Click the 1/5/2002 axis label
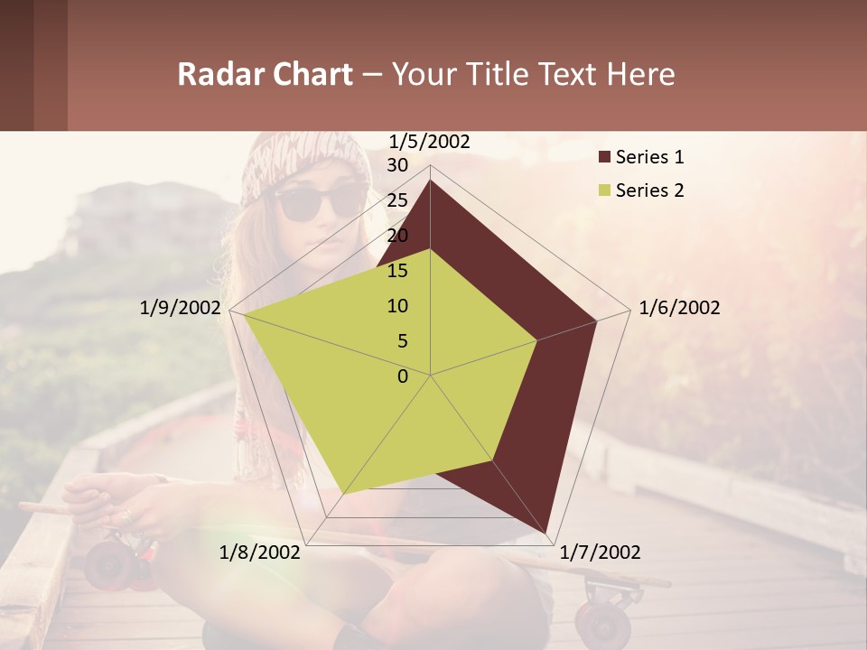430,142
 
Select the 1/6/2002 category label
679,308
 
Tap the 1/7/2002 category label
600,552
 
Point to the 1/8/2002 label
260,552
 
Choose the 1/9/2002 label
181,308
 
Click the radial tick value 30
397,165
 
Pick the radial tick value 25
397,200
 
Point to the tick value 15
397,271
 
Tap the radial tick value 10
397,306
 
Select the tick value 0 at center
403,376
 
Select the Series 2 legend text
649,190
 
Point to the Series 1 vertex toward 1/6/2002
597,320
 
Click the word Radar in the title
217,74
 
